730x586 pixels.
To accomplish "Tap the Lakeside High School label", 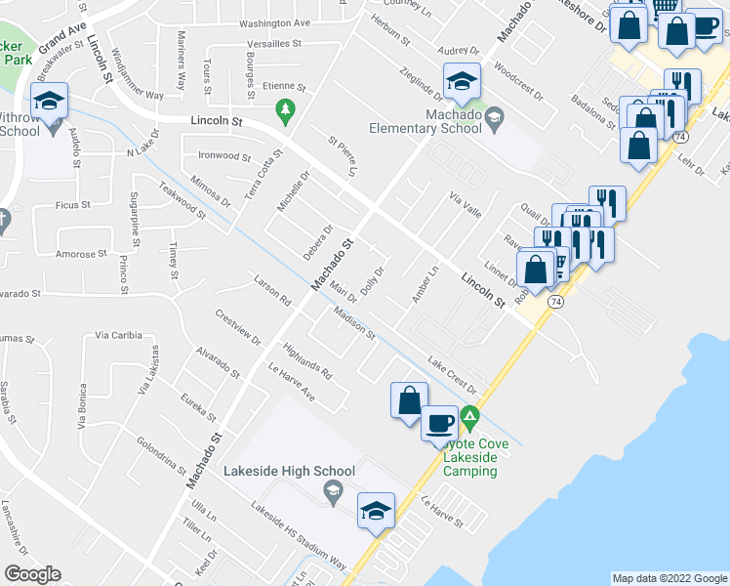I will (x=281, y=471).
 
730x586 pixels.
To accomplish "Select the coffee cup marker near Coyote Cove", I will (x=439, y=424).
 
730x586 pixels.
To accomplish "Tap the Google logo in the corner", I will (x=32, y=573).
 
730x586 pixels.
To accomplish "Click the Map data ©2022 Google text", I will (x=669, y=578).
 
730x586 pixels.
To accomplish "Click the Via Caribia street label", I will (x=119, y=335).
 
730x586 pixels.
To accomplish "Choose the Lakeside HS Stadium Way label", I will (x=299, y=536).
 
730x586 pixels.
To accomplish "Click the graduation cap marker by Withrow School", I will (x=49, y=99).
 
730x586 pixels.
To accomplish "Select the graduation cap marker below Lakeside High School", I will (x=377, y=509).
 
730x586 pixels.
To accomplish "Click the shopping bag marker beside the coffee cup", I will (x=408, y=399).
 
